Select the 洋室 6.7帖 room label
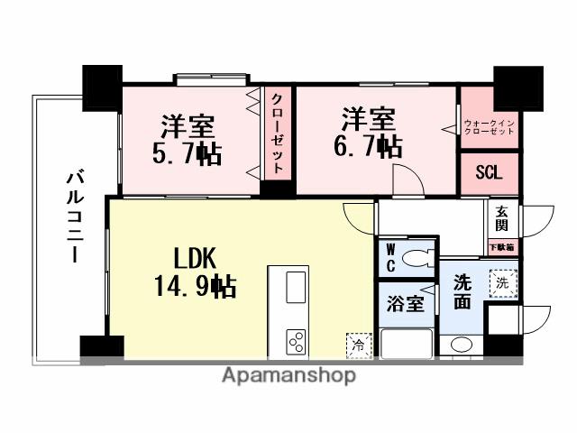click(x=368, y=132)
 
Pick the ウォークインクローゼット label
click(x=489, y=126)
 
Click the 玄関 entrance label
click(x=500, y=219)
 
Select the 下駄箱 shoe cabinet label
click(x=501, y=246)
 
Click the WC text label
click(x=390, y=258)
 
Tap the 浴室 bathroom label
click(x=405, y=303)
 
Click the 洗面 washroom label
click(x=463, y=292)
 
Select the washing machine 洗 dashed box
click(x=503, y=283)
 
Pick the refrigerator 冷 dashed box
click(x=358, y=344)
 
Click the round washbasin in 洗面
click(x=461, y=344)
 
